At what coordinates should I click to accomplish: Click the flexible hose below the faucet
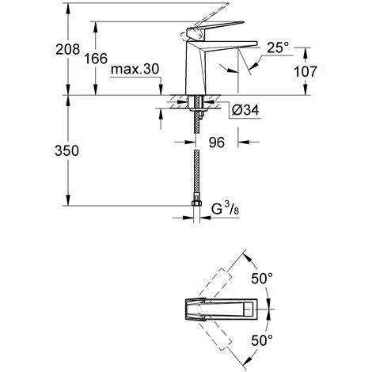[x=195, y=166]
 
